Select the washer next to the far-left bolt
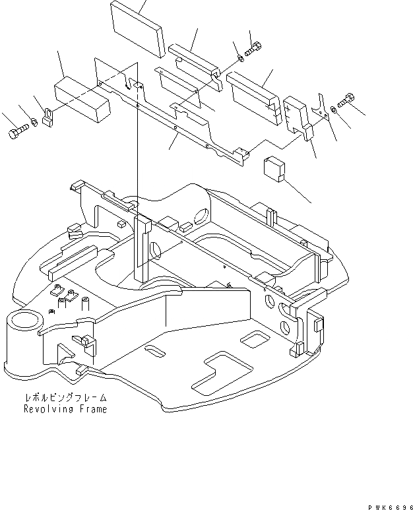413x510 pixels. [32, 123]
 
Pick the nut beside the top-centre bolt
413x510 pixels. [239, 58]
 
